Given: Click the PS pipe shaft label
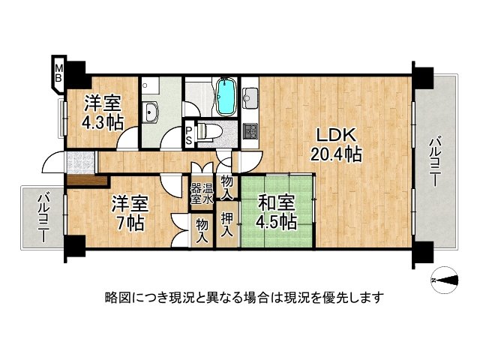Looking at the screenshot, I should pyautogui.click(x=190, y=136).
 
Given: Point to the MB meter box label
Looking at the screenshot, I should pyautogui.click(x=58, y=73).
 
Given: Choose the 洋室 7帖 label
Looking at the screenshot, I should pyautogui.click(x=124, y=212).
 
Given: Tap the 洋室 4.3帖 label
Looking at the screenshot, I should pyautogui.click(x=101, y=114).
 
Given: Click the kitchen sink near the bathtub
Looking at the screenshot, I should pyautogui.click(x=250, y=97).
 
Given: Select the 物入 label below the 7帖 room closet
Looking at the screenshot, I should pyautogui.click(x=202, y=231).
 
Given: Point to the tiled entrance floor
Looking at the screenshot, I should pyautogui.click(x=79, y=161).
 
